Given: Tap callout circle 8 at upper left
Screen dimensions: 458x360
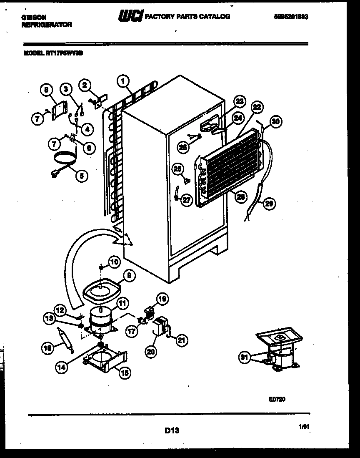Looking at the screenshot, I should (47, 89).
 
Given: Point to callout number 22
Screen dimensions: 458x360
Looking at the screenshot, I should (257, 107).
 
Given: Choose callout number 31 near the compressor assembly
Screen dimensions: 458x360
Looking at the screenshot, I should (244, 357).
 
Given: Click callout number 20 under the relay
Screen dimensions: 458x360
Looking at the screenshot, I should (150, 352).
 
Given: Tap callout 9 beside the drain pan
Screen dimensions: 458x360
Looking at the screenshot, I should (129, 275).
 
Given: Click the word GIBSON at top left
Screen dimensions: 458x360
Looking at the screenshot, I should (34, 17).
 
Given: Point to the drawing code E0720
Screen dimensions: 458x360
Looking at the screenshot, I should (277, 399).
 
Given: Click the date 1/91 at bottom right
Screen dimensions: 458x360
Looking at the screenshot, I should (303, 427).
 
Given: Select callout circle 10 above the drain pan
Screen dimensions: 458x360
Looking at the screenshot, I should (114, 262).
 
